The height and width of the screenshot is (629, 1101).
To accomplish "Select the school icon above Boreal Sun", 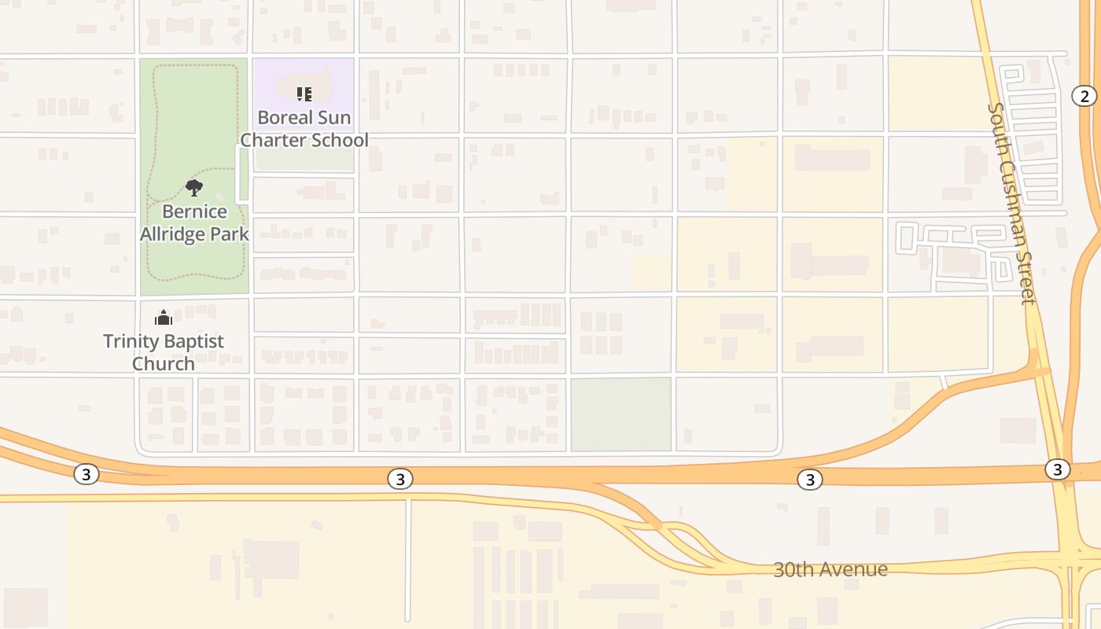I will coord(304,94).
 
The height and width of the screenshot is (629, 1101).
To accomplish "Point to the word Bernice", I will coord(194,212).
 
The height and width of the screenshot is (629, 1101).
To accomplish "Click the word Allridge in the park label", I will coord(177,234).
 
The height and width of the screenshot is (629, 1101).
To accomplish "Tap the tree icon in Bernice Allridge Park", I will coord(194,188).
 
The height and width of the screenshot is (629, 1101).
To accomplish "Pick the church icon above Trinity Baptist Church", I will coord(164,318).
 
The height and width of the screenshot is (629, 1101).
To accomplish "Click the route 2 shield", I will coord(1084,96).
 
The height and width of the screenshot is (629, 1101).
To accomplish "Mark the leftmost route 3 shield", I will coord(87,474).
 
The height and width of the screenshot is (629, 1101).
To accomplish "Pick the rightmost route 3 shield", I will coord(1057,469).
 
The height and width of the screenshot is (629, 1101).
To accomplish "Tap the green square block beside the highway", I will coord(620,414).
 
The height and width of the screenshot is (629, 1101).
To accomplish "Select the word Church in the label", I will coord(164,363).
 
